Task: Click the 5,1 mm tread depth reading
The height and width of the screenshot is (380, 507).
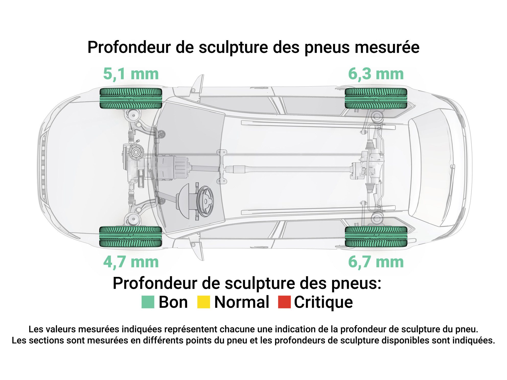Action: [x=131, y=74]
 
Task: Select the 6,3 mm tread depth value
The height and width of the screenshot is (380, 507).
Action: [x=376, y=74]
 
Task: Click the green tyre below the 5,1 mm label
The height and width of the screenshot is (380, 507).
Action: [x=131, y=98]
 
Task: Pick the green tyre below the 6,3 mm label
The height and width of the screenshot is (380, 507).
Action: [x=376, y=98]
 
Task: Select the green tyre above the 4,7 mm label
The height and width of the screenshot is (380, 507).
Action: [x=131, y=236]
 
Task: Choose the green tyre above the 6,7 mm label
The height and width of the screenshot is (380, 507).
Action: [x=376, y=236]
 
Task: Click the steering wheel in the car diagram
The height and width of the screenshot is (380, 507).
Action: [x=205, y=201]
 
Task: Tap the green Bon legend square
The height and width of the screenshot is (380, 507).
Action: [x=148, y=302]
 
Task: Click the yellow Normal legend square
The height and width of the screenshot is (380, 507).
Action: [x=204, y=302]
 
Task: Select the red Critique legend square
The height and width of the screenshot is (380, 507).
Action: [x=284, y=302]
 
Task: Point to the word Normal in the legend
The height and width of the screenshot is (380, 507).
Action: [x=242, y=302]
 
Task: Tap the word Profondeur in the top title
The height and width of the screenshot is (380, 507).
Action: [x=129, y=47]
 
